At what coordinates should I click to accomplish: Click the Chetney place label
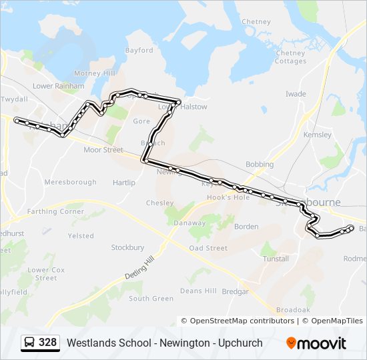pyautogui.click(x=256, y=22)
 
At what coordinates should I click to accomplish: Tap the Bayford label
pyautogui.click(x=139, y=50)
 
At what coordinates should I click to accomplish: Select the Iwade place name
pyautogui.click(x=296, y=95)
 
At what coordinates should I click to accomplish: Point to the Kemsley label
pyautogui.click(x=317, y=135)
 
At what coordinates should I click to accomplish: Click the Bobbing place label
pyautogui.click(x=260, y=164)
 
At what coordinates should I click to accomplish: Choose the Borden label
pyautogui.click(x=246, y=227)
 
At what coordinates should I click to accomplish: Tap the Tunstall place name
pyautogui.click(x=276, y=259)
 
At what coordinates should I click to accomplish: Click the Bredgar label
pyautogui.click(x=234, y=291)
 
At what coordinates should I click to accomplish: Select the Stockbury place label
pyautogui.click(x=127, y=247)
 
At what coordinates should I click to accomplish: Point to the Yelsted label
pyautogui.click(x=81, y=236)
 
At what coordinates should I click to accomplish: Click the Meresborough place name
pyautogui.click(x=71, y=182)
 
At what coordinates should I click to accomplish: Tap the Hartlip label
pyautogui.click(x=124, y=183)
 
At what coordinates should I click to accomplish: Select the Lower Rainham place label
pyautogui.click(x=59, y=86)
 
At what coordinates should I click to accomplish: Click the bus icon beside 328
pyautogui.click(x=30, y=343)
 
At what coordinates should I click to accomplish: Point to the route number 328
pyautogui.click(x=48, y=343)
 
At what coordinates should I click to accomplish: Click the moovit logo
pyautogui.click(x=316, y=343)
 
